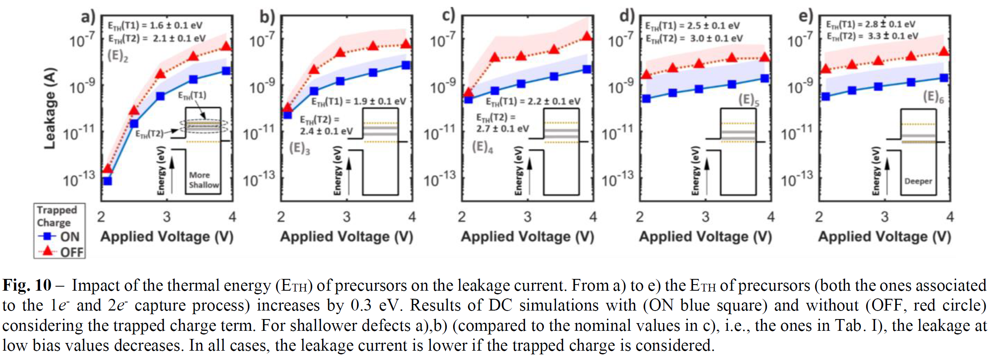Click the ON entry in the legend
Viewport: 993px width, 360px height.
tap(61, 236)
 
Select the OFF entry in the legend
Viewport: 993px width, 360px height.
tap(61, 252)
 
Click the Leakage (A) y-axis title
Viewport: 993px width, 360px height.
tap(49, 108)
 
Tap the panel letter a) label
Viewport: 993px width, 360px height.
tap(88, 17)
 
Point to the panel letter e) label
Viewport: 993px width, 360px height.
tap(805, 16)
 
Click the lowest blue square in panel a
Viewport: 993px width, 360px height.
tap(107, 181)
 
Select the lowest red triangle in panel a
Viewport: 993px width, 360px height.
tap(107, 169)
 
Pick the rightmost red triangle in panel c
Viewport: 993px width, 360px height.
tap(586, 36)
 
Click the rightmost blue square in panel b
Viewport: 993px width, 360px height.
tap(406, 65)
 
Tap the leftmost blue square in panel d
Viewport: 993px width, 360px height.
tap(646, 99)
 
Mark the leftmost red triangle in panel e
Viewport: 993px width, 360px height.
tap(826, 69)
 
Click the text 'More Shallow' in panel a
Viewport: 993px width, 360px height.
tap(203, 180)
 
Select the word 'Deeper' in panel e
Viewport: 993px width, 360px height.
tap(918, 181)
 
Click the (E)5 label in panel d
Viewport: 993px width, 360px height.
tap(748, 100)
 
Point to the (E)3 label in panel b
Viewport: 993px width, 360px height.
tap(299, 148)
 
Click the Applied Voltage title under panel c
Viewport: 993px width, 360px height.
tap(527, 237)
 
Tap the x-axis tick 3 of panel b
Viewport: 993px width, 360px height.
tap(347, 217)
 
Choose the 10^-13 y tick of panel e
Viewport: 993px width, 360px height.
tap(797, 179)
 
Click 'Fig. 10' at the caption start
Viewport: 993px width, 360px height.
tap(27, 285)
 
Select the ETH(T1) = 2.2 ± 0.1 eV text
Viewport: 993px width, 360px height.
tap(533, 101)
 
